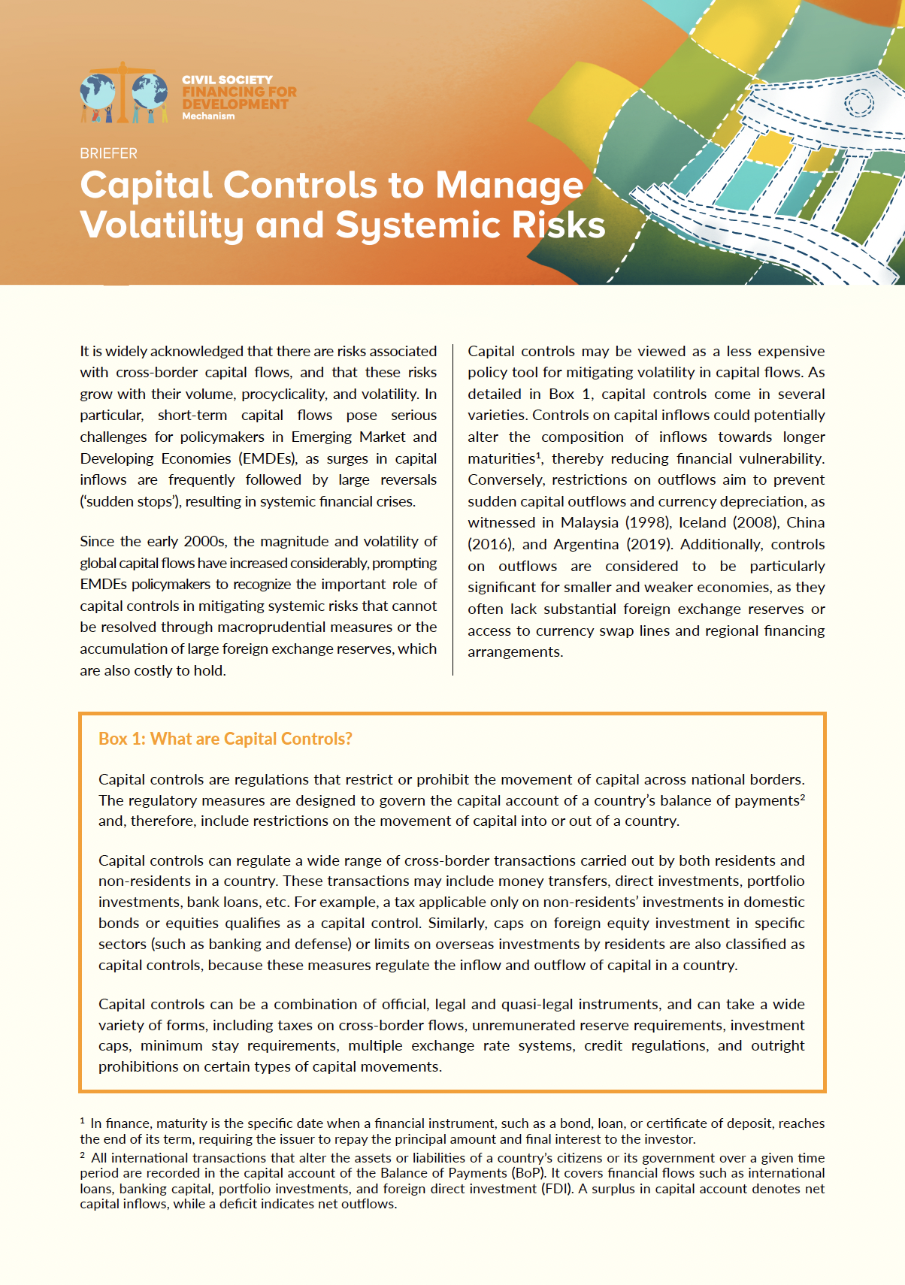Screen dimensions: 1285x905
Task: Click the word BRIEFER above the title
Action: [108, 153]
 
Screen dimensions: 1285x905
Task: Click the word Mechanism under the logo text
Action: [208, 116]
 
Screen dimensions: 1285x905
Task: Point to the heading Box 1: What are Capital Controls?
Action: [225, 739]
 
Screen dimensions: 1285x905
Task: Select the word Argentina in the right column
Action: [586, 544]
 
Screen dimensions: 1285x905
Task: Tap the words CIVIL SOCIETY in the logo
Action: [227, 80]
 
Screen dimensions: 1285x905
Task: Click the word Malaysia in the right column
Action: [589, 523]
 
